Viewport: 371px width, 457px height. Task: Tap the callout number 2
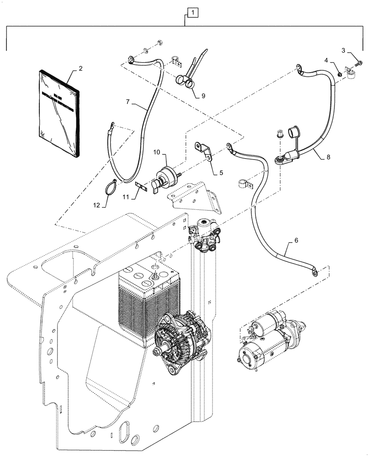(x=80, y=69)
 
